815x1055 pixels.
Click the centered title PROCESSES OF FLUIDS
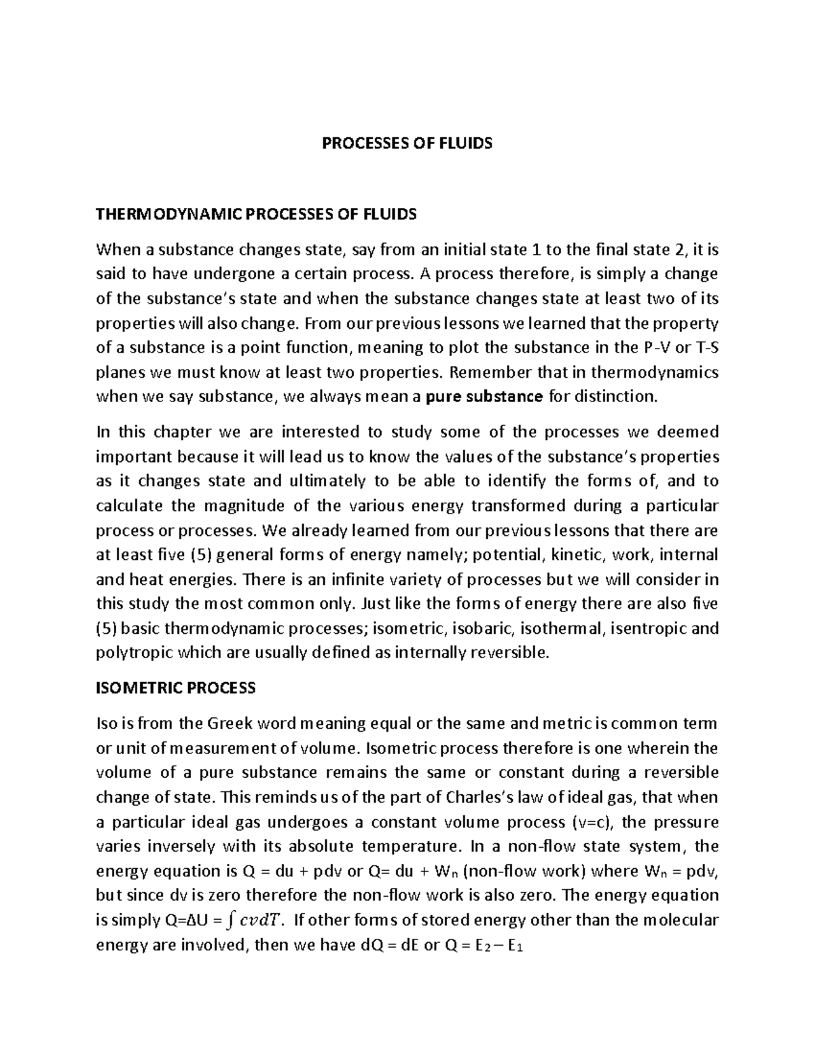407,144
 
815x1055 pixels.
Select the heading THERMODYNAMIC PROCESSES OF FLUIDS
256,215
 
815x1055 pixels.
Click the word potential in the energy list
505,555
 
